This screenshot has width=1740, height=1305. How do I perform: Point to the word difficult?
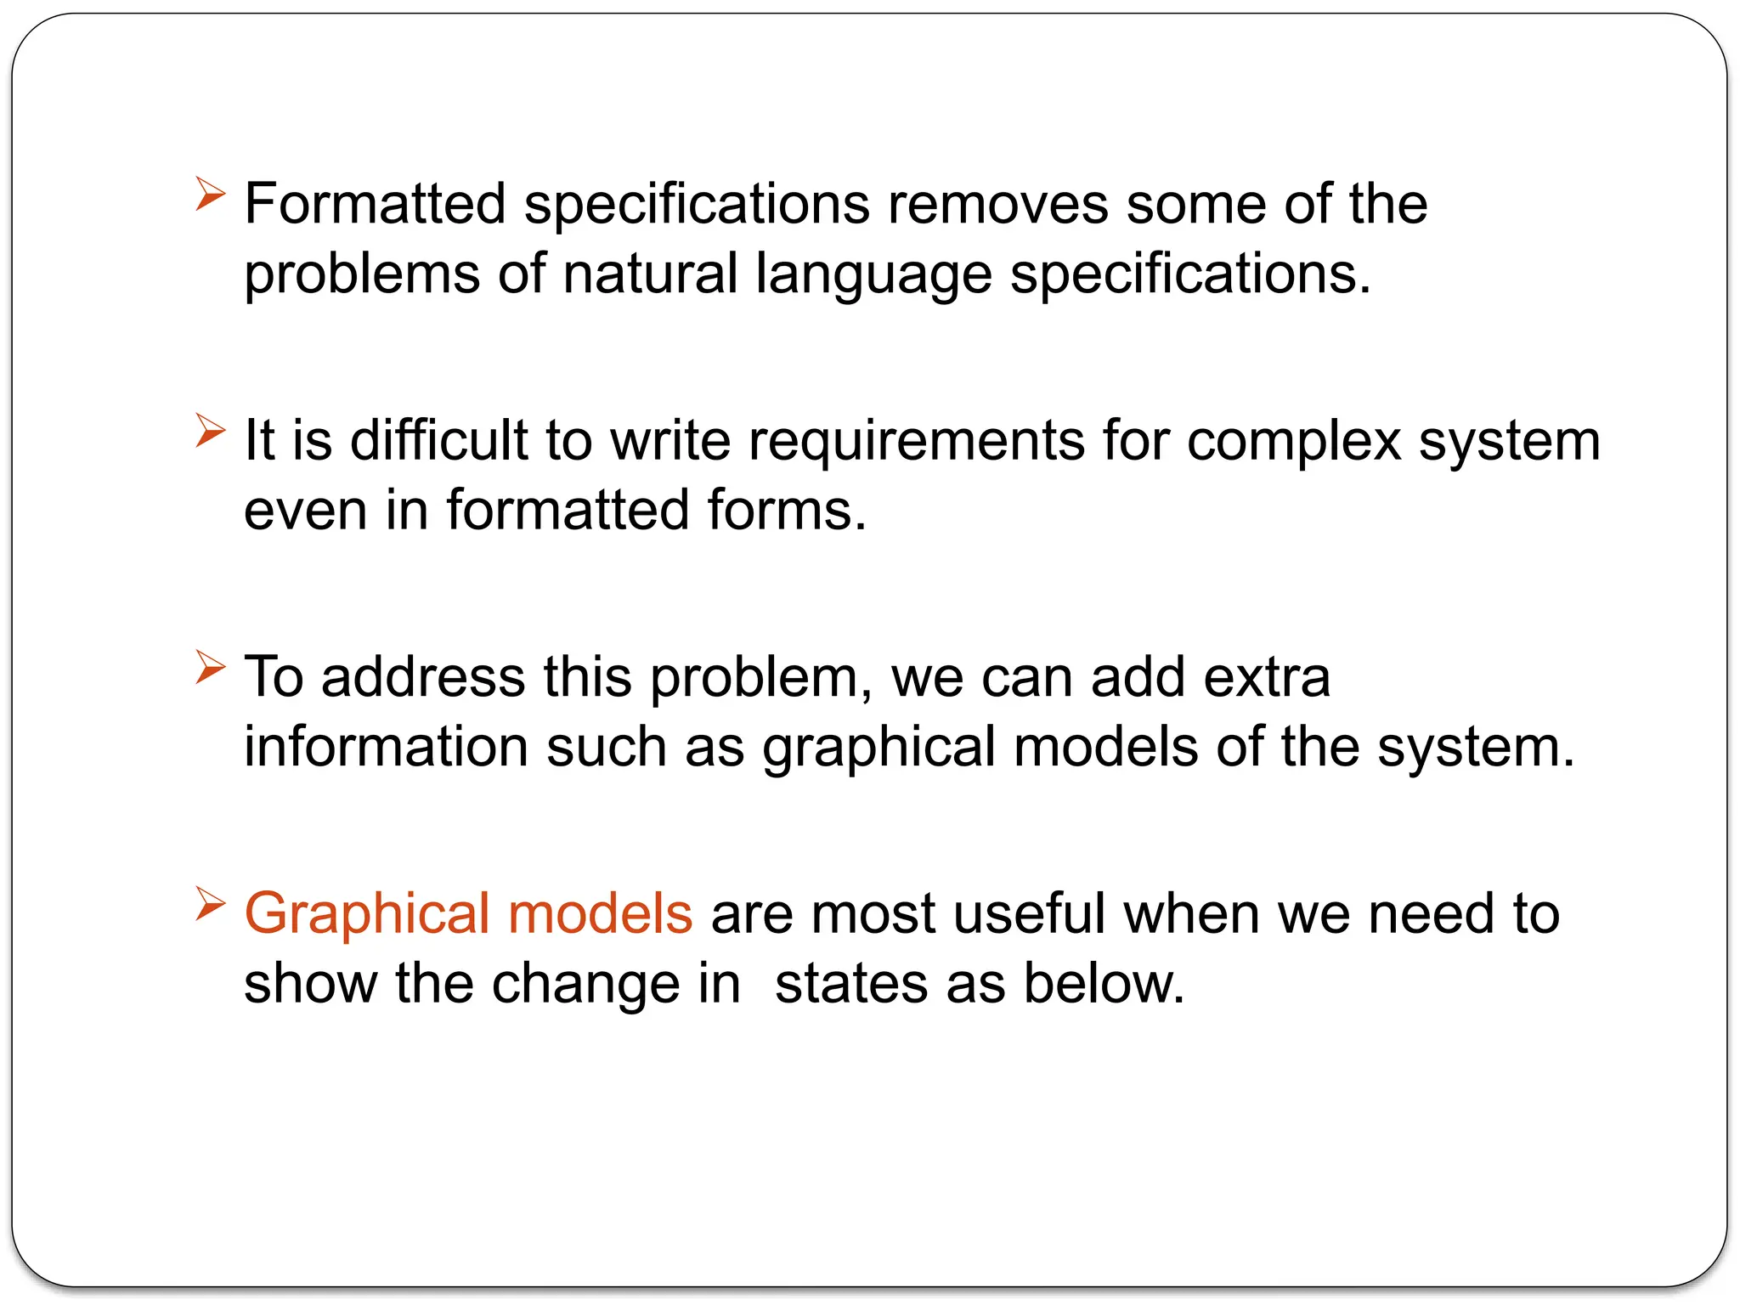pos(439,440)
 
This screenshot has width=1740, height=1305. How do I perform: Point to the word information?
pos(386,746)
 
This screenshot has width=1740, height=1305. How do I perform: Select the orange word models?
pos(600,914)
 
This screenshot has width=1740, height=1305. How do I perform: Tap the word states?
pos(850,984)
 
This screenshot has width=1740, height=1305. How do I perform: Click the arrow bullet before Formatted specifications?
pos(210,194)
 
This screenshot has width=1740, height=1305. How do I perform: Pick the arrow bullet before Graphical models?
pos(210,903)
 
